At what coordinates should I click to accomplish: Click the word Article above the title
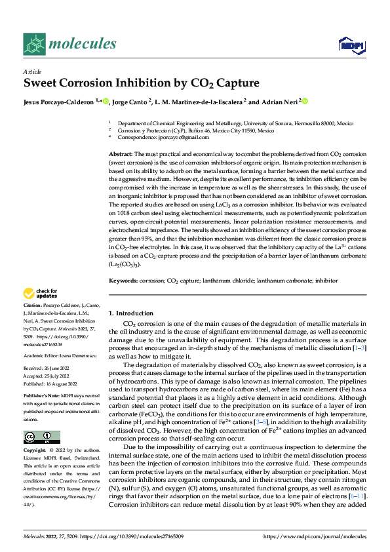coord(32,71)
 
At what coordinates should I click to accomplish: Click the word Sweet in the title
coord(41,84)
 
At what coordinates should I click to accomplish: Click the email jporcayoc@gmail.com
coord(172,138)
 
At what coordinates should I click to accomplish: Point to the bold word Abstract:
coord(121,153)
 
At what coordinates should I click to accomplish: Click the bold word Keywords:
coord(123,280)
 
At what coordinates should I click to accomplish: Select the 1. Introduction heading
coord(131,313)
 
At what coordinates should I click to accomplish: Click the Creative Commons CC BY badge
coord(41,437)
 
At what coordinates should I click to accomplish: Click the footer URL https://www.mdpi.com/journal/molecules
coord(314,537)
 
